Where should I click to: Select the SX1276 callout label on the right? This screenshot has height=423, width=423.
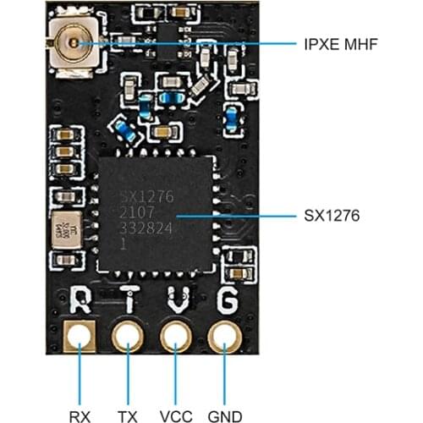click(332, 216)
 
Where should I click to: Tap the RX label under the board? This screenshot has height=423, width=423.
click(80, 393)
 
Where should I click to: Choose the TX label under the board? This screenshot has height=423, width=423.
click(129, 393)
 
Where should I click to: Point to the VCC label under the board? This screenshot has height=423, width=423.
click(177, 393)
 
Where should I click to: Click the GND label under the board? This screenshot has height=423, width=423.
click(225, 393)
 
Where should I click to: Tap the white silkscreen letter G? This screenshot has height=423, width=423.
click(226, 299)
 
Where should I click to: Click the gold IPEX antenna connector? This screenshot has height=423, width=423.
click(71, 41)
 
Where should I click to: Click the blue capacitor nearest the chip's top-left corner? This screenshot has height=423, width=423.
click(124, 131)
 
